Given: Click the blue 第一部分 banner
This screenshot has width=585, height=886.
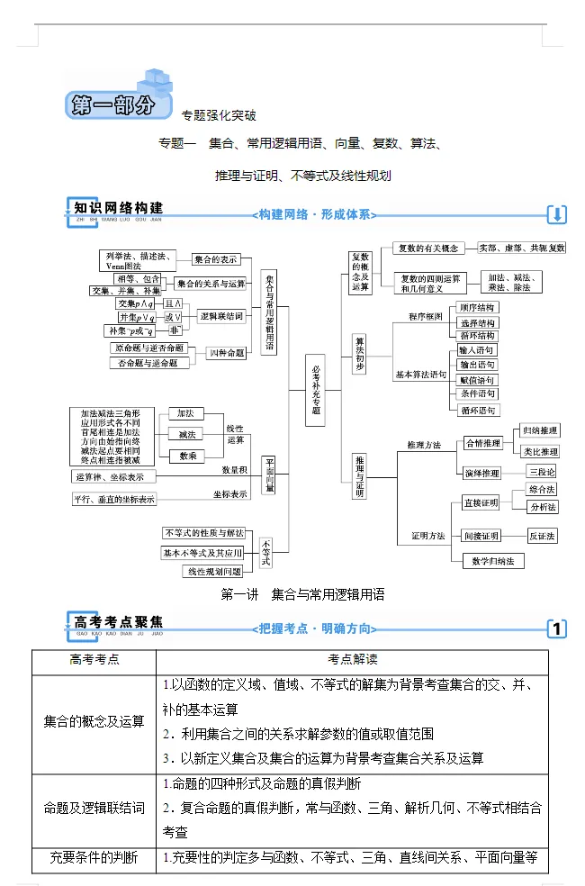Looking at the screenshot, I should tap(118, 104).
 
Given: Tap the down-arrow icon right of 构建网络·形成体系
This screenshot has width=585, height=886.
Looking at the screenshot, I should tap(557, 214).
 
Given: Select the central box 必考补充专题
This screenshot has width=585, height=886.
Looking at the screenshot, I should tap(315, 390).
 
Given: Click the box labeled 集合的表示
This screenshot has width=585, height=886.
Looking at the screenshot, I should tap(216, 258).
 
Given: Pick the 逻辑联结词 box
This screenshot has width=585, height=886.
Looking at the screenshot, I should tap(221, 316).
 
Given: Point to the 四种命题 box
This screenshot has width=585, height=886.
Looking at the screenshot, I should tap(227, 354).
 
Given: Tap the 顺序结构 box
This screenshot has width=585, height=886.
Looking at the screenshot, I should tap(477, 308).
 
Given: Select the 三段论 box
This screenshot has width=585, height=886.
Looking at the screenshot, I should tap(542, 471).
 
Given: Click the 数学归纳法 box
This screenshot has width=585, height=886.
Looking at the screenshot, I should tap(493, 561).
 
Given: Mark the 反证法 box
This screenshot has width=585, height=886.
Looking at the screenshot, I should tap(542, 536).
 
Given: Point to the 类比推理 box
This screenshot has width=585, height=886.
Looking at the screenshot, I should tap(541, 451).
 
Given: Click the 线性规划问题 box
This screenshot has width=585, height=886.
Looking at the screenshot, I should tap(213, 572).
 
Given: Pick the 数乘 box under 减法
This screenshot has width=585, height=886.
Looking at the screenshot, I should tap(188, 456).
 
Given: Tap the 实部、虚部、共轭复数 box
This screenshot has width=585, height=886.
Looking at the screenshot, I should tap(522, 248).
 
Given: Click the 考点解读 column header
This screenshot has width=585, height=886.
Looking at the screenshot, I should tap(353, 660).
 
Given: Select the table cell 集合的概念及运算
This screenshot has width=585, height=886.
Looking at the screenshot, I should tap(94, 721).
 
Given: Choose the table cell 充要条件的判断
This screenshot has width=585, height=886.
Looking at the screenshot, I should tap(94, 858).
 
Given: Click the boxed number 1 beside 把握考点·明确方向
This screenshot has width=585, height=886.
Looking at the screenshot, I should tap(557, 628).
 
